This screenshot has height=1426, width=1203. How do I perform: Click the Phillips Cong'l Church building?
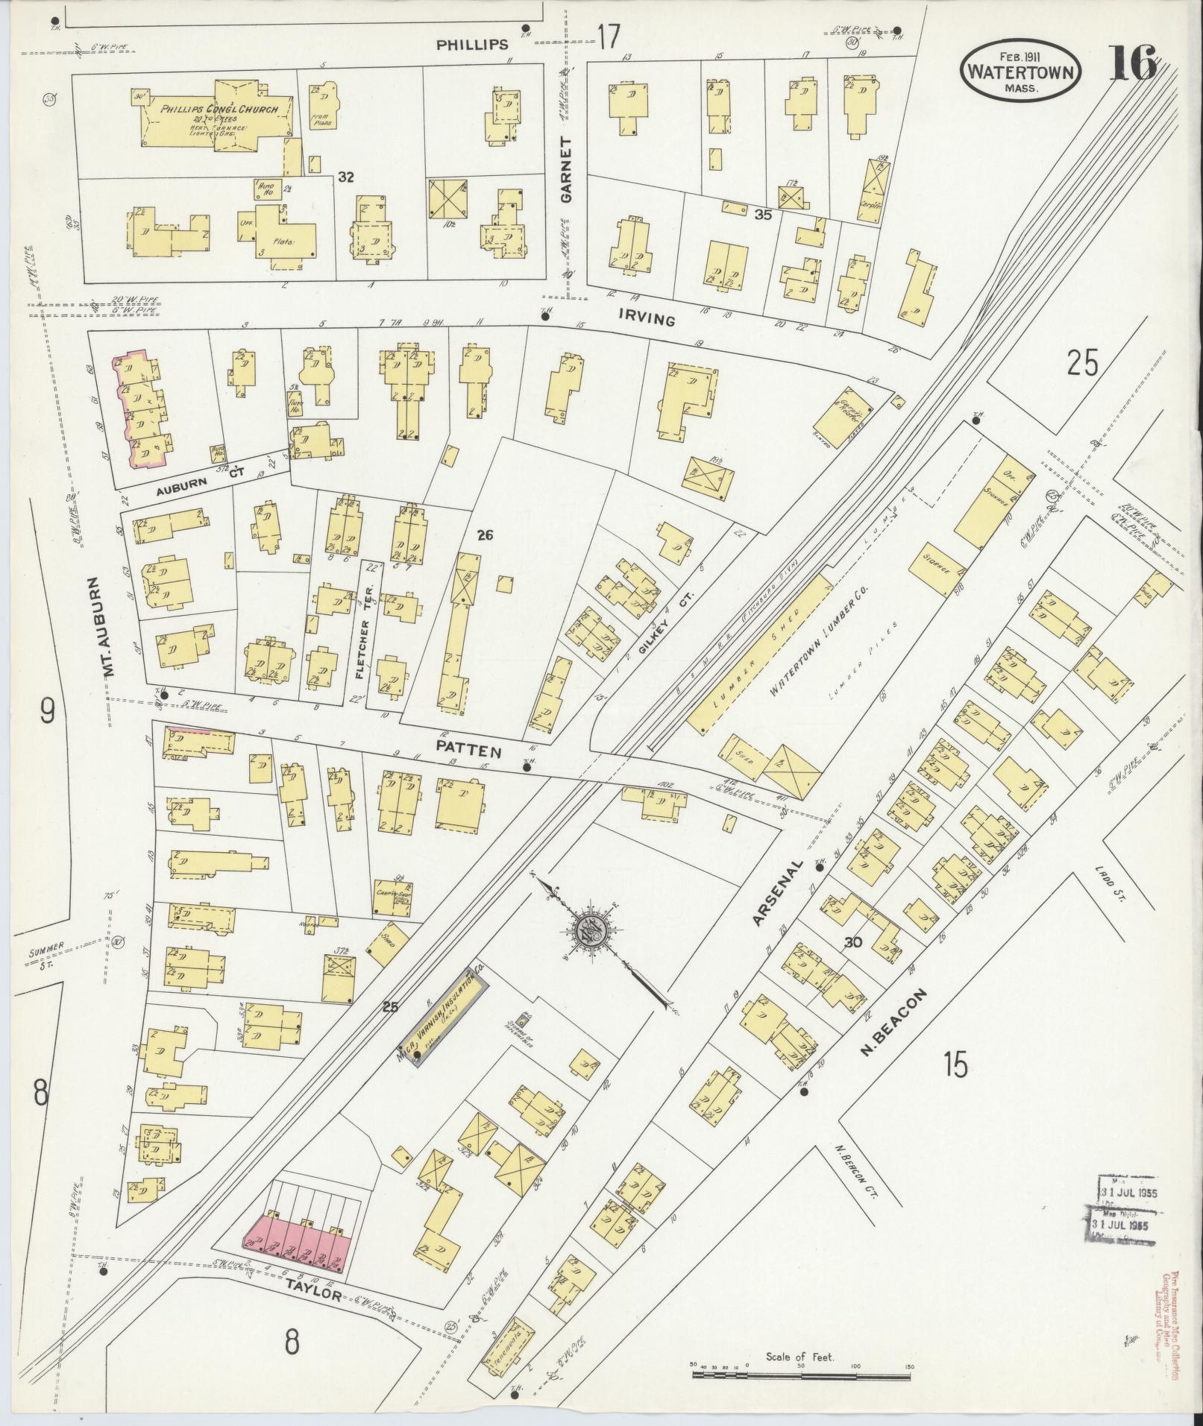(216, 119)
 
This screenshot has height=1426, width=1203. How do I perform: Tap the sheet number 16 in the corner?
(1133, 63)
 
